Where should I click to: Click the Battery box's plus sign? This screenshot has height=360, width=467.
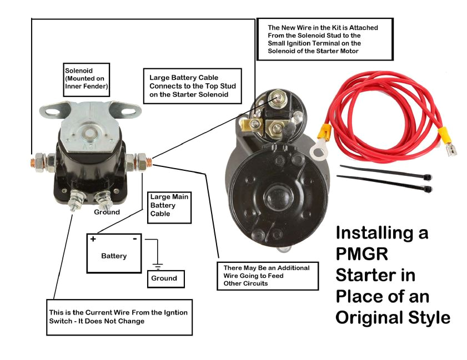click(x=93, y=239)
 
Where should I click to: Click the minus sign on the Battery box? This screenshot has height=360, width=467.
click(x=134, y=239)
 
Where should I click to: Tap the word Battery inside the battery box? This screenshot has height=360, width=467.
click(x=114, y=256)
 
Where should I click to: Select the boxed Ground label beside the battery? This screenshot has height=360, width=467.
click(x=165, y=278)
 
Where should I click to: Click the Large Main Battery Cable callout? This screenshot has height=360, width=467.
click(x=169, y=206)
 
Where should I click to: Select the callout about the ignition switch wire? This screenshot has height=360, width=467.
click(x=119, y=317)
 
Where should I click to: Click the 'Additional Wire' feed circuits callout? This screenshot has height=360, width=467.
click(x=267, y=276)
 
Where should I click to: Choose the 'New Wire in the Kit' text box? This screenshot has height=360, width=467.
click(x=325, y=39)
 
